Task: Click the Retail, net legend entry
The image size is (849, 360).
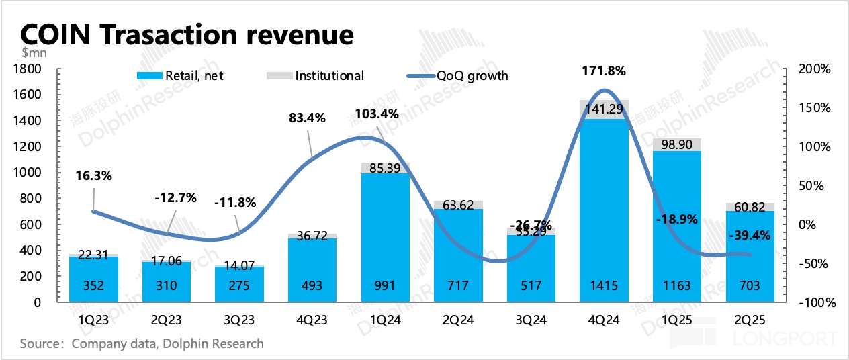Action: coord(180,76)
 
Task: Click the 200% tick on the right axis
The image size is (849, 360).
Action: coord(811,69)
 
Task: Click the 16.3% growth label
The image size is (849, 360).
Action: coord(94,176)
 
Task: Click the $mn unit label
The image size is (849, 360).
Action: coord(33,53)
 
